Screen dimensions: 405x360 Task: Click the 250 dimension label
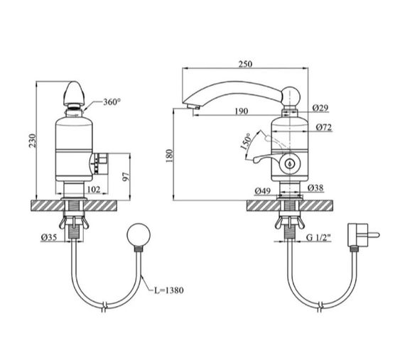point(245,64)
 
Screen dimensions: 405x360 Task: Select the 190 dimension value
point(242,111)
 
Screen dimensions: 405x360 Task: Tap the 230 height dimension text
point(33,141)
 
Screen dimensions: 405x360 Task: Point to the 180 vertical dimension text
point(169,156)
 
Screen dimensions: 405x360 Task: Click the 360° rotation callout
point(112,102)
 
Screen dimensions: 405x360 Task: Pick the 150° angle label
point(246,142)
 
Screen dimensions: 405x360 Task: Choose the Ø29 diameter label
point(320,108)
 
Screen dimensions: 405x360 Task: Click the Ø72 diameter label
point(324,127)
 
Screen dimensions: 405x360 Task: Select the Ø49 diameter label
point(263,191)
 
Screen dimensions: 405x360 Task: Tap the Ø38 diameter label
point(315,188)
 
